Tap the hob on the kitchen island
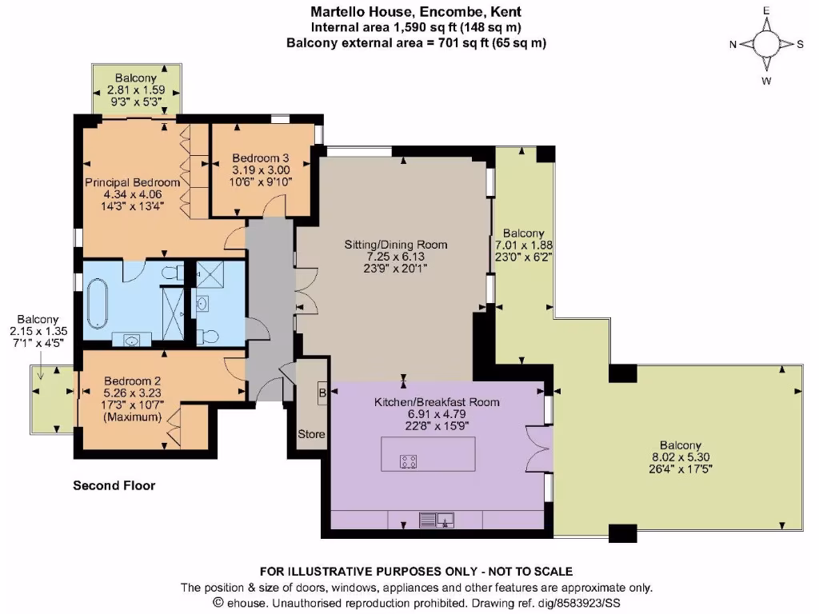[408, 460]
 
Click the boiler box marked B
[322, 393]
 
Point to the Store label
[312, 434]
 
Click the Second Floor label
[114, 485]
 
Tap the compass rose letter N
[733, 44]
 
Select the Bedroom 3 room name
[261, 157]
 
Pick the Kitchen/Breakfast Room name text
[437, 402]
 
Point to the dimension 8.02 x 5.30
[681, 458]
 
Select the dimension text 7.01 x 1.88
[525, 245]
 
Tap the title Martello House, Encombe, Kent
[416, 12]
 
